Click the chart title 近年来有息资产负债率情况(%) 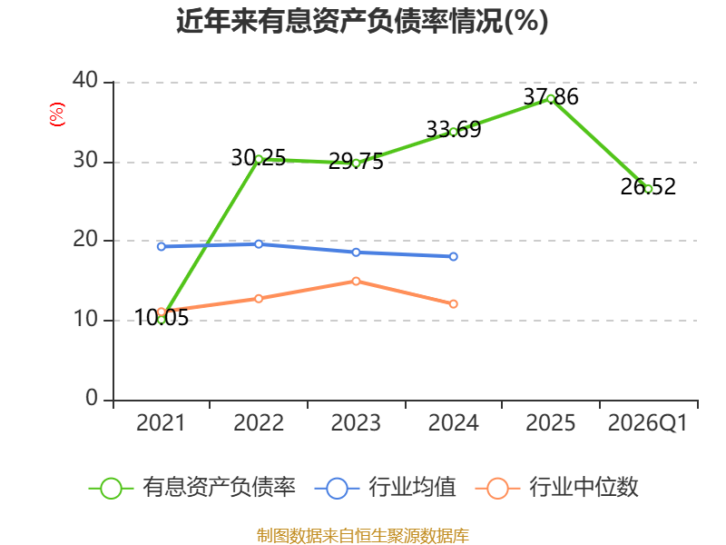[362, 21]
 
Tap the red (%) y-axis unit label [57, 114]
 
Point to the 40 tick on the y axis [85, 80]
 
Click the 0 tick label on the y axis [92, 398]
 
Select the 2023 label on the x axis [356, 422]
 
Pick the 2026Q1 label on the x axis [648, 422]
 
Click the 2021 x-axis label [161, 422]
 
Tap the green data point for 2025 [551, 99]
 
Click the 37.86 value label [551, 97]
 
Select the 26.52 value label [648, 187]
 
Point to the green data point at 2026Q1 [648, 189]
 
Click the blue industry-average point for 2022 [259, 243]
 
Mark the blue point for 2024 [453, 256]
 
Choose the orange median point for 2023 [356, 282]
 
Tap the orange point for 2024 [453, 304]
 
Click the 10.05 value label [162, 318]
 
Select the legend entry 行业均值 [385, 488]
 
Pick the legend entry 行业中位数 [557, 488]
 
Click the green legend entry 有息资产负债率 [192, 488]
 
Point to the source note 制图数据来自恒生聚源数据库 [362, 535]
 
